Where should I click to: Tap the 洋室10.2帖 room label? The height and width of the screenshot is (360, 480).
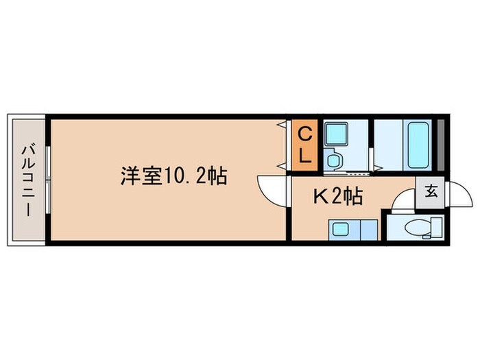(x=174, y=176)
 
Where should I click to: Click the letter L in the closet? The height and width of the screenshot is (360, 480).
(x=304, y=155)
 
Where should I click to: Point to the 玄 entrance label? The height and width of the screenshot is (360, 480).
(x=431, y=191)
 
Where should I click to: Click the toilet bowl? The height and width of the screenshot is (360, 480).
(x=418, y=228)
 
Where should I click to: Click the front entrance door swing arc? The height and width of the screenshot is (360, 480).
(x=461, y=196)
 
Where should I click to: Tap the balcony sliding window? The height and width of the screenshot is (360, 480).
(x=48, y=180)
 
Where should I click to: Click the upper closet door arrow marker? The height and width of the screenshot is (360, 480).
(x=281, y=125)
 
